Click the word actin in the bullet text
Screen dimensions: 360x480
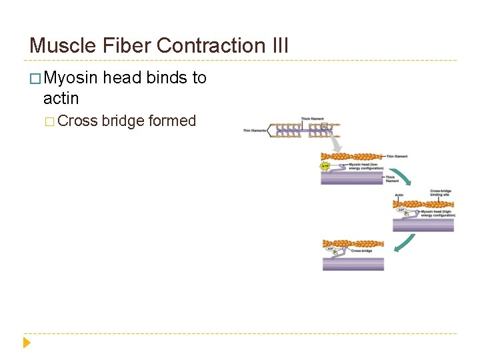61,99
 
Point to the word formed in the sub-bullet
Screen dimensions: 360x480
172,121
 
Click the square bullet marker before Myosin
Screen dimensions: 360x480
35,79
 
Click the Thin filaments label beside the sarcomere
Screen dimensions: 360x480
254,131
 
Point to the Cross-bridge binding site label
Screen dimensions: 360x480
441,193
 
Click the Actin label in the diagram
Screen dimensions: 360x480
399,195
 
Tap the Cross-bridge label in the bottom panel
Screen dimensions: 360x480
361,251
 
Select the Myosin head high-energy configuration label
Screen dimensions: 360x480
438,213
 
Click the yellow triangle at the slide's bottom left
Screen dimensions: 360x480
27,343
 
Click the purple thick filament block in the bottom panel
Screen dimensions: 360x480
353,263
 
